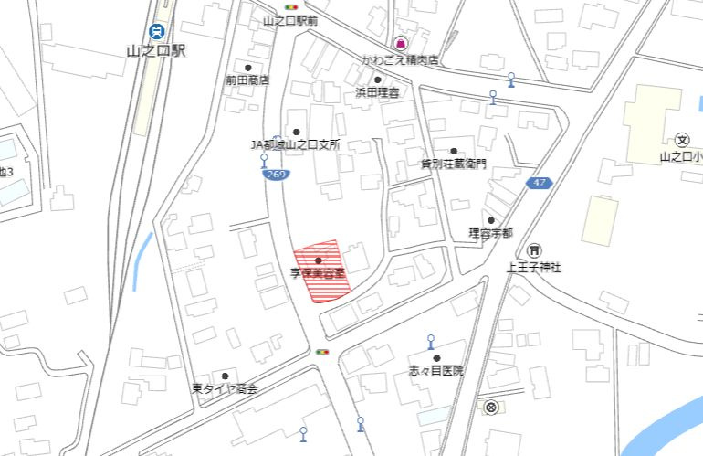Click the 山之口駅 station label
tap(157, 52)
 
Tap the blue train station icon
tap(158, 31)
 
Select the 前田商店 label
tap(247, 80)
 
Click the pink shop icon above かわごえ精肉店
tap(400, 44)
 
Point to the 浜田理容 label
tap(377, 93)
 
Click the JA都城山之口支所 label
tap(295, 144)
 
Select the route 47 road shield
tap(540, 184)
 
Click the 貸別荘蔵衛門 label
tap(453, 164)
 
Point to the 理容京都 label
tap(490, 234)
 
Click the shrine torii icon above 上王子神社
tap(534, 250)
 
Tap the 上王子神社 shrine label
tap(534, 268)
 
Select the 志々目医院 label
tap(436, 371)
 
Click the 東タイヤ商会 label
tap(225, 389)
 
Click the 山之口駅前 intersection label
tap(289, 20)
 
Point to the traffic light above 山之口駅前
tap(291, 6)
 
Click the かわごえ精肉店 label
tap(400, 59)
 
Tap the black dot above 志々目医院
tap(436, 358)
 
